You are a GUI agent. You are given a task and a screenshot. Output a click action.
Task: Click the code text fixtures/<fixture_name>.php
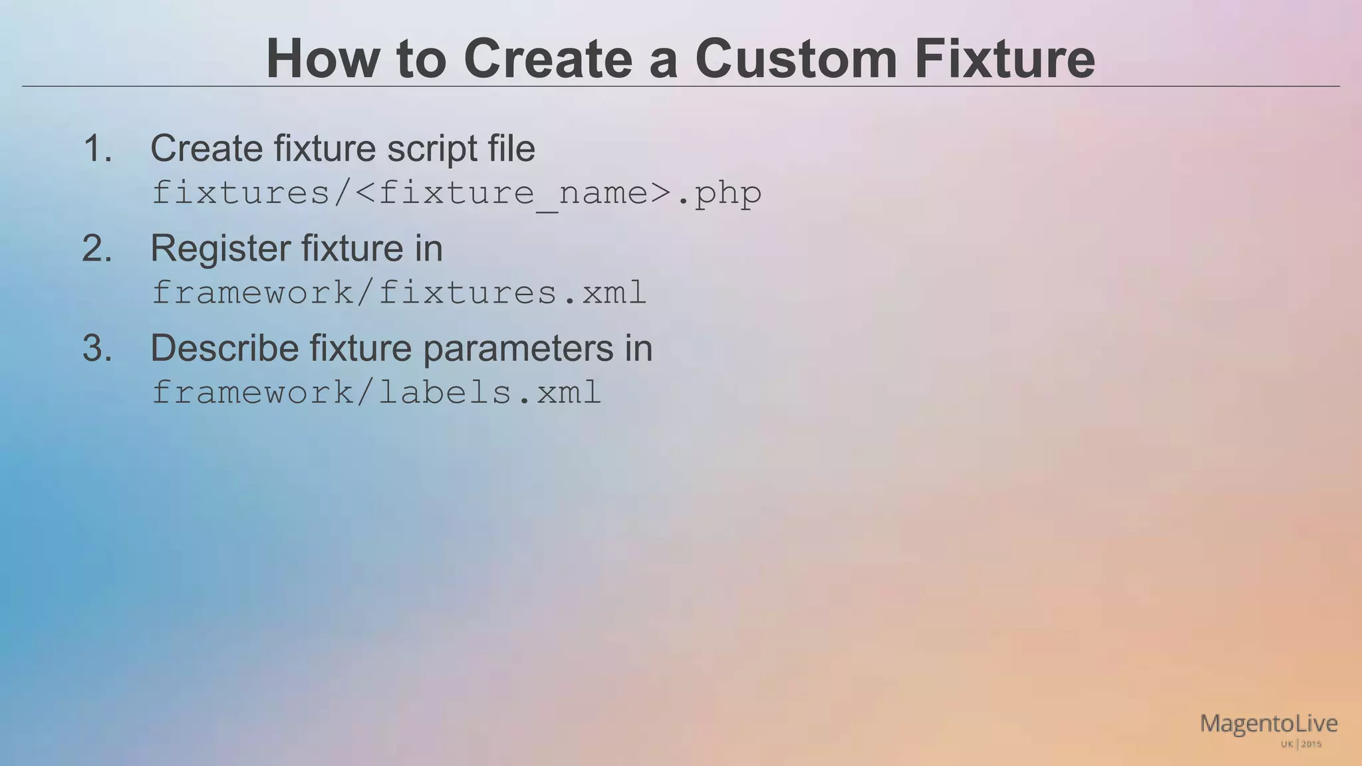coord(456,193)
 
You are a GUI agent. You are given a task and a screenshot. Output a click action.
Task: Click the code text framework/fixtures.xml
coord(399,293)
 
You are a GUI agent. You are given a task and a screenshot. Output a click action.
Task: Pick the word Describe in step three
coord(224,348)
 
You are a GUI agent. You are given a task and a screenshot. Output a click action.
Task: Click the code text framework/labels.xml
coord(376,392)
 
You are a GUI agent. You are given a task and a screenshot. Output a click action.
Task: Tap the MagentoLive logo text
coord(1268,723)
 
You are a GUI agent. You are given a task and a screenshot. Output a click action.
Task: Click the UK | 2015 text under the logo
coord(1301,744)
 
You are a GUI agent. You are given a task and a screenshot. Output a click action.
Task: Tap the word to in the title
coord(420,60)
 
